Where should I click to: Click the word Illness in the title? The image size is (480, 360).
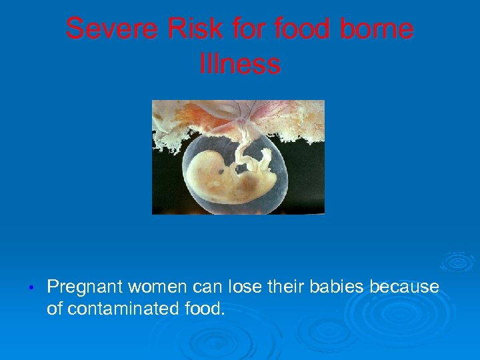(x=239, y=65)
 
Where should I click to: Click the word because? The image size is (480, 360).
(x=404, y=288)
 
